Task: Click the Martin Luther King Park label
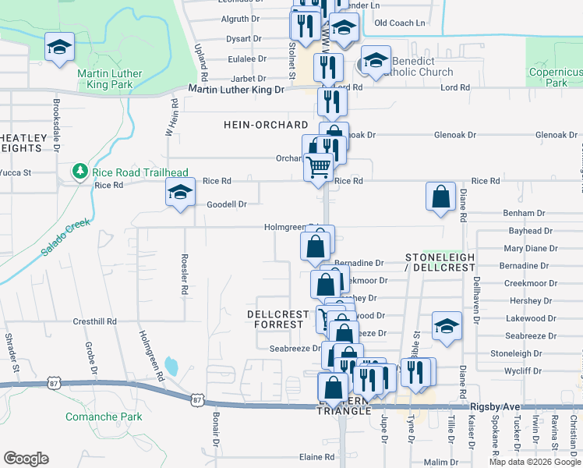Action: tap(110, 79)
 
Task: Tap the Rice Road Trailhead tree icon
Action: tap(79, 171)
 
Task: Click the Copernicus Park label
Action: tap(555, 77)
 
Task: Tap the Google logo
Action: tap(26, 459)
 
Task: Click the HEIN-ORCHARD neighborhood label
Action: tap(256, 125)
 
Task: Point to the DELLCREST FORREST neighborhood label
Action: tap(278, 319)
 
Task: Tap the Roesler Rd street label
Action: tap(185, 278)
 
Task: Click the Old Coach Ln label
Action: tap(401, 23)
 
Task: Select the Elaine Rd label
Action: tap(316, 457)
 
